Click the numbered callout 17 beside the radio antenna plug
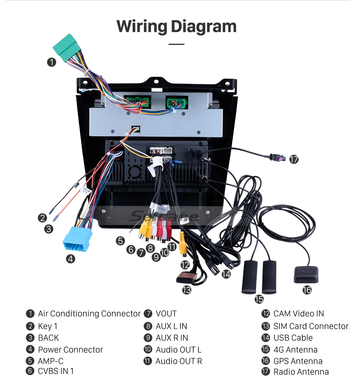pyautogui.click(x=294, y=159)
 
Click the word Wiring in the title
pyautogui.click(x=141, y=26)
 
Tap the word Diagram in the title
pyautogui.click(x=203, y=26)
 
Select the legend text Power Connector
pyautogui.click(x=70, y=350)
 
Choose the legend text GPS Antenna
pyautogui.click(x=298, y=361)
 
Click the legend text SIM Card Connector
pyautogui.click(x=311, y=326)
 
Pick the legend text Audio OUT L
pyautogui.click(x=179, y=350)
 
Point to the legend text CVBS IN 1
pyautogui.click(x=56, y=371)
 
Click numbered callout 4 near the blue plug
pyautogui.click(x=71, y=259)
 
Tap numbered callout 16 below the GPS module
pyautogui.click(x=307, y=290)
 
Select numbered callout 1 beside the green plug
pyautogui.click(x=51, y=62)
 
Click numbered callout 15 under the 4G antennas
pyautogui.click(x=259, y=299)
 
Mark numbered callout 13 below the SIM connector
pyautogui.click(x=187, y=290)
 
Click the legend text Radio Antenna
pyautogui.click(x=301, y=372)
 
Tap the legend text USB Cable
pyautogui.click(x=293, y=338)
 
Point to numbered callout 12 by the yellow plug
pyautogui.click(x=185, y=264)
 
